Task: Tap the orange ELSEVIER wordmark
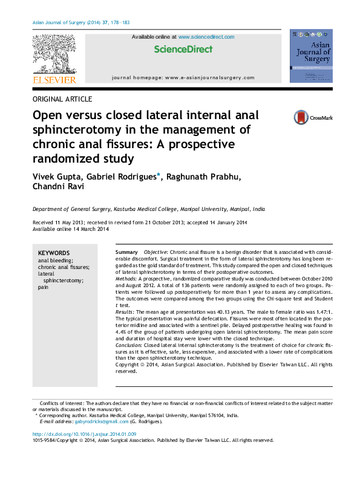(54, 80)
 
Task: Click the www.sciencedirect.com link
(206, 37)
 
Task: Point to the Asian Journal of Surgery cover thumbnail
(311, 56)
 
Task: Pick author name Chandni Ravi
(59, 187)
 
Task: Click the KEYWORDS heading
(54, 253)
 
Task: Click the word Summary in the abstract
(126, 251)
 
